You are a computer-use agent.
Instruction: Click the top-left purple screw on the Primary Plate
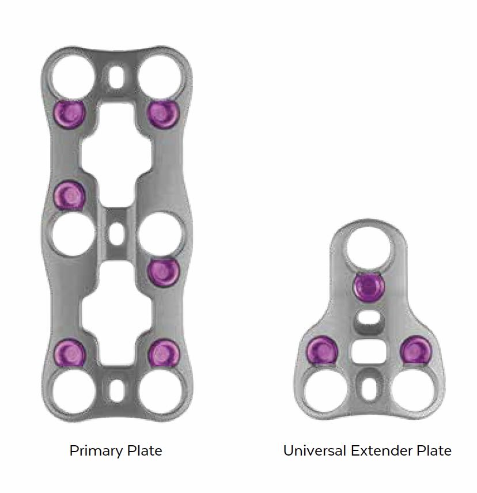click(69, 113)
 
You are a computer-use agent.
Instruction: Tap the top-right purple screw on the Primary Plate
click(163, 113)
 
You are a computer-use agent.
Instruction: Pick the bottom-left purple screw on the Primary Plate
click(70, 353)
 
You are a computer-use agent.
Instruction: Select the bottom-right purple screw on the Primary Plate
click(164, 353)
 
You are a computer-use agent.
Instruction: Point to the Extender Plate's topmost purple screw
click(369, 287)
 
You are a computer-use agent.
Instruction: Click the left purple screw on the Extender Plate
click(322, 350)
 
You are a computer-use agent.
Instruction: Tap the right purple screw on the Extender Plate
click(417, 350)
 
